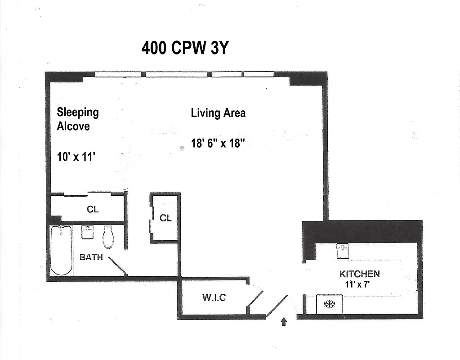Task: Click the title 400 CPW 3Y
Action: point(185,48)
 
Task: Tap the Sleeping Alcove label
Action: point(77,119)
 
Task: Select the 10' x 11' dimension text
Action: point(76,157)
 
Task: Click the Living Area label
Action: point(218,112)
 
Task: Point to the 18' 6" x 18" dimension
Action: point(218,144)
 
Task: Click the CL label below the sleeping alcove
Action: point(92,210)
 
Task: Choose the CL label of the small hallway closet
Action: point(165,218)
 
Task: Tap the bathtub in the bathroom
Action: point(61,250)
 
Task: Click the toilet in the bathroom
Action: point(108,237)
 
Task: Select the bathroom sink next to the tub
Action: point(87,232)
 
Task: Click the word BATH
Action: point(91,257)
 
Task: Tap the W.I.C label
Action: point(214,297)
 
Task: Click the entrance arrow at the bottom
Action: point(284,322)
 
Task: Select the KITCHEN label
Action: point(359,274)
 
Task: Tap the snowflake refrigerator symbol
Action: point(330,305)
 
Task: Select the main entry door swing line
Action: point(277,307)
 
